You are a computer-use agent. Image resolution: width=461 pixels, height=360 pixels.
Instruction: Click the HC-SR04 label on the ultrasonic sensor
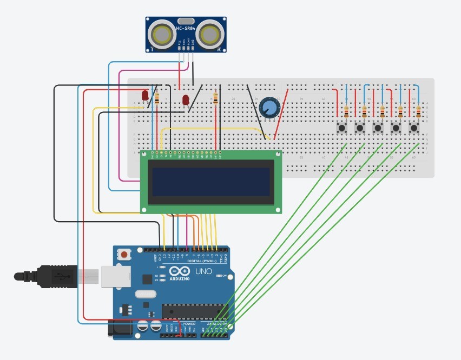click(x=186, y=28)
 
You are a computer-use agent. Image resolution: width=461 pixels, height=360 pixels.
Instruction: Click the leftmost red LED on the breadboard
click(x=145, y=95)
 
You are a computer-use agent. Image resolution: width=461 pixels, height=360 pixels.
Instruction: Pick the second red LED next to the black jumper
click(x=186, y=100)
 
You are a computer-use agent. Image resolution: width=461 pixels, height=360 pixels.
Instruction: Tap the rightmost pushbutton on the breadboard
click(x=414, y=128)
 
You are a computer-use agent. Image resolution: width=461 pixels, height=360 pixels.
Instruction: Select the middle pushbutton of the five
click(x=378, y=128)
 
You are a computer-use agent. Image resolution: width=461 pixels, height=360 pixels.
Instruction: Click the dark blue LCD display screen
click(x=210, y=182)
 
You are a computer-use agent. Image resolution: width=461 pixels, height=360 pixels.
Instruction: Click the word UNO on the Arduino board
click(x=203, y=271)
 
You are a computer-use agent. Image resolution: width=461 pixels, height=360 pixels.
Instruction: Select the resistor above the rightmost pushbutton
click(x=418, y=112)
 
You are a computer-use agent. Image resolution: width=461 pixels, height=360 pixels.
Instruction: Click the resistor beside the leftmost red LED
click(x=157, y=98)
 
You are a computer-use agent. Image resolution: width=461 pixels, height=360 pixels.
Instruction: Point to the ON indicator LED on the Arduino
click(x=218, y=276)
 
